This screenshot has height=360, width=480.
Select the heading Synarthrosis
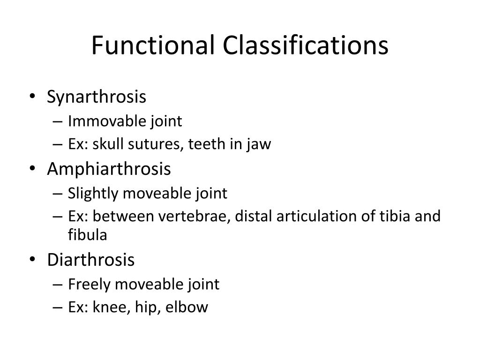click(97, 97)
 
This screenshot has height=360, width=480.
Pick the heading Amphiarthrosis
click(109, 169)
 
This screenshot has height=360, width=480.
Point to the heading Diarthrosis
click(90, 259)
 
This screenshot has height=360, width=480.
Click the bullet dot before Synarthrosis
click(37, 98)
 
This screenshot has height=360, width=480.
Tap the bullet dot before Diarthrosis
click(37, 260)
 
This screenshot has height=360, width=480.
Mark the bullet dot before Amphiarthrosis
click(37, 170)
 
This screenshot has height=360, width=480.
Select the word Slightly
click(90, 193)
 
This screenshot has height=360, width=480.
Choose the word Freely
click(86, 284)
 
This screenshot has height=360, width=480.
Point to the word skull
click(104, 144)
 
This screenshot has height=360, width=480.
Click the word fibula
click(88, 235)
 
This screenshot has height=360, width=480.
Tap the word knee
click(105, 307)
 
